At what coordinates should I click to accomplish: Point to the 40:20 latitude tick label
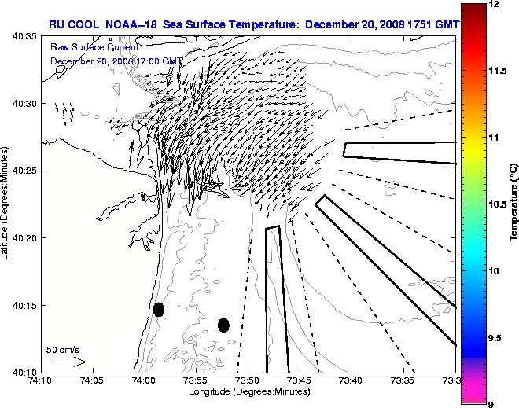tap(27, 237)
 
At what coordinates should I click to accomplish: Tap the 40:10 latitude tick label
tap(27, 372)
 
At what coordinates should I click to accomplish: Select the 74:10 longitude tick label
tap(41, 380)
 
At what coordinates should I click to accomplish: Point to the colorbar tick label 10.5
tap(498, 204)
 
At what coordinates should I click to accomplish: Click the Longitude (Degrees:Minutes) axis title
tap(247, 391)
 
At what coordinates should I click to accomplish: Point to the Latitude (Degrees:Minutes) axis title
tap(6, 204)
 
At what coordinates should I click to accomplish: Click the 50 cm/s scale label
tap(62, 350)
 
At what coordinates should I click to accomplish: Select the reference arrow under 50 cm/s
tap(68, 362)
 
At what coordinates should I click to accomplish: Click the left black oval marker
tap(158, 309)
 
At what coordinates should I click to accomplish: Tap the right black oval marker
tap(223, 325)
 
